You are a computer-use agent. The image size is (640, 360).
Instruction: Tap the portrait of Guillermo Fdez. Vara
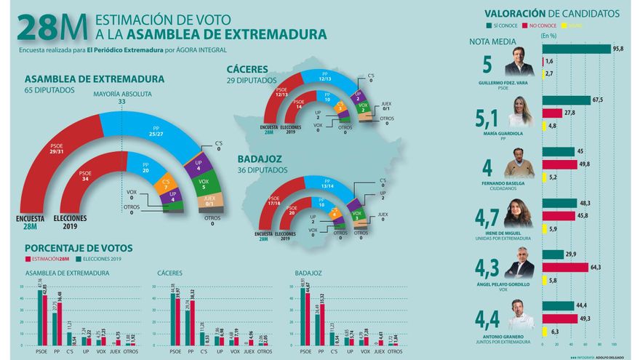tap(520, 65)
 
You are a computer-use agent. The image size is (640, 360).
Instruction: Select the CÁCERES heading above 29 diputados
tap(247, 69)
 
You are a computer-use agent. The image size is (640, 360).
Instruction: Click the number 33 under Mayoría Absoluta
tap(122, 102)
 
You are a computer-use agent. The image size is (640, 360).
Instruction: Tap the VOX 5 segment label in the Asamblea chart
tap(204, 182)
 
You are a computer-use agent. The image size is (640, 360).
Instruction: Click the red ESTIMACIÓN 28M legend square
tap(28, 258)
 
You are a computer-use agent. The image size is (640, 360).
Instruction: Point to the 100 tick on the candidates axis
tap(615, 344)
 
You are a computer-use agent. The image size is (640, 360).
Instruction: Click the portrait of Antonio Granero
tap(520, 314)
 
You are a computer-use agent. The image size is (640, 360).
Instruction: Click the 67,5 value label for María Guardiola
tap(599, 99)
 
